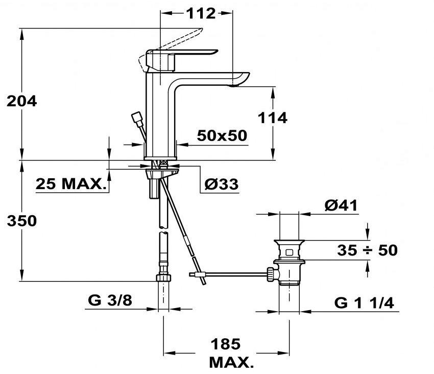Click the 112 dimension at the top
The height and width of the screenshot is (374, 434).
tap(201, 13)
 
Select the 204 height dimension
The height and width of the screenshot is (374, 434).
tap(21, 101)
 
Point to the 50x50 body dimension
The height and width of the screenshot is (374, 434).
tap(222, 136)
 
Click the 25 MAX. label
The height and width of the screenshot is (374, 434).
tap(71, 183)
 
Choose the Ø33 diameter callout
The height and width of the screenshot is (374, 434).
tap(222, 184)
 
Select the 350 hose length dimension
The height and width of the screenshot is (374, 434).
tap(21, 221)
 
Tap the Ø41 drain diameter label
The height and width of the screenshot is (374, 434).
tap(341, 205)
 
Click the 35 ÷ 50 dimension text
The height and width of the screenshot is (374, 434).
tap(367, 250)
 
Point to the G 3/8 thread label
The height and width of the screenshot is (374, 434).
tap(110, 300)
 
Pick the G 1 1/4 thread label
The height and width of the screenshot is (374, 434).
tap(364, 303)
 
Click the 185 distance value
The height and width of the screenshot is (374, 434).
tap(226, 344)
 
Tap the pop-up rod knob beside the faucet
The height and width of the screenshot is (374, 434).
tap(137, 118)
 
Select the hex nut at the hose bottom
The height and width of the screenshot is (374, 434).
tap(163, 278)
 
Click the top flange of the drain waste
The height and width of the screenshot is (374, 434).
tap(289, 242)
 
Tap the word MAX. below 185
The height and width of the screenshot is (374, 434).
tap(231, 362)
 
